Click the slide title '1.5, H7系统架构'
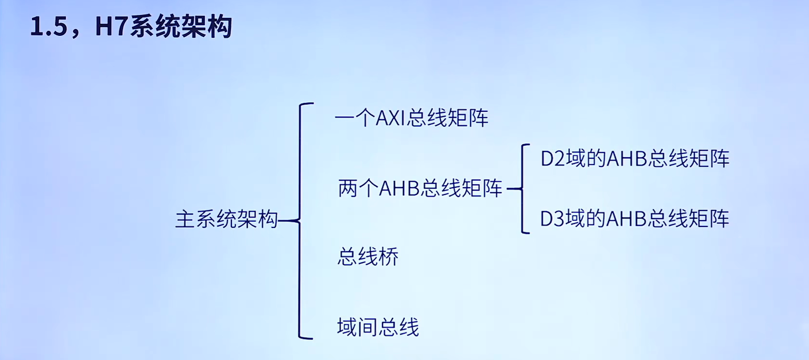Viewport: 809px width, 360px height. point(131,26)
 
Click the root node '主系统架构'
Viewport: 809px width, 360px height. point(226,220)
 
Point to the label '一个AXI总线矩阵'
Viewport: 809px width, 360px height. point(412,118)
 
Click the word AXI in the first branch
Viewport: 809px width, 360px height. point(391,118)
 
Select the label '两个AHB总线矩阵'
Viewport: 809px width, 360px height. point(420,188)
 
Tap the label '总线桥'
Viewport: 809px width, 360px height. point(368,257)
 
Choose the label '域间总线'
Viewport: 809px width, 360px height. point(378,327)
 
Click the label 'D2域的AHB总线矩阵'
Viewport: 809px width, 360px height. point(635,159)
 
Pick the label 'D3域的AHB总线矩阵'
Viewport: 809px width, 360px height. point(634,219)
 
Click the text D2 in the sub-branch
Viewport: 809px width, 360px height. point(552,159)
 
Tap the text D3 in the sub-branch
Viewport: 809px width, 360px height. point(552,219)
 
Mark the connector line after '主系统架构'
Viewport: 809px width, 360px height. point(289,221)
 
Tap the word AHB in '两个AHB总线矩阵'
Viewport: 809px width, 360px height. point(399,188)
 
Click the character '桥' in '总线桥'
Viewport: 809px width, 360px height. point(388,257)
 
